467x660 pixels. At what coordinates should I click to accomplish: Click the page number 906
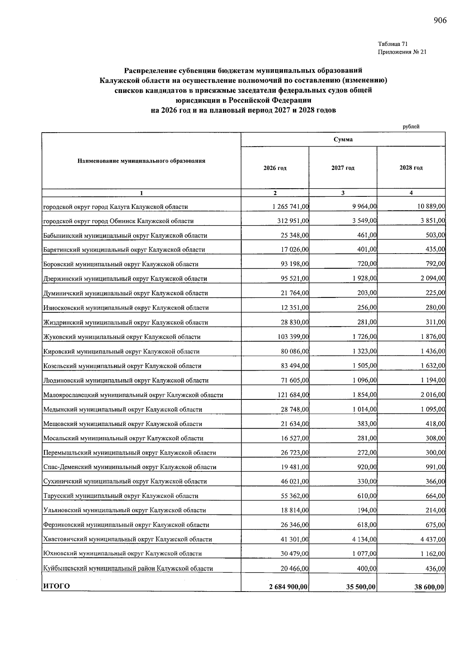[x=440, y=21]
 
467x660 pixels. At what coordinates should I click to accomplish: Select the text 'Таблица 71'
[x=393, y=44]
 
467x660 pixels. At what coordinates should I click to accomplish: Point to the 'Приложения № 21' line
[x=402, y=52]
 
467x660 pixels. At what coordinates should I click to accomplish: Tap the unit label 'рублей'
[x=411, y=126]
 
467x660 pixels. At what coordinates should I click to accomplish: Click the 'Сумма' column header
[x=343, y=139]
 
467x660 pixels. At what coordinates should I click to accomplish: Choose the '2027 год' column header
[x=343, y=168]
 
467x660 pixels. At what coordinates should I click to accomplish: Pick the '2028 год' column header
[x=411, y=168]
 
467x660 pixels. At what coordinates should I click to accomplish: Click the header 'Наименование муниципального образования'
[x=141, y=161]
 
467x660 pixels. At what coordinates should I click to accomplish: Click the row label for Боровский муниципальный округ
[x=121, y=264]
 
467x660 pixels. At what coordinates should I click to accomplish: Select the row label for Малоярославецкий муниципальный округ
[x=133, y=395]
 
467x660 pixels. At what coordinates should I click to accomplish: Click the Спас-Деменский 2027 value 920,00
[x=367, y=467]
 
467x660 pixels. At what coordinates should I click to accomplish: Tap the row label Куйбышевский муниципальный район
[x=128, y=569]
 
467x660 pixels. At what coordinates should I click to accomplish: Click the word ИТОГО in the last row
[x=56, y=586]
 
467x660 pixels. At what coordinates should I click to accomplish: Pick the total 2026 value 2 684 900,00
[x=288, y=587]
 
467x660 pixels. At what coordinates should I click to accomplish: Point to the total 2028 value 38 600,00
[x=430, y=587]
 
